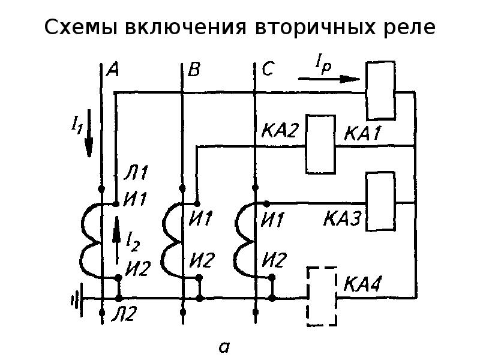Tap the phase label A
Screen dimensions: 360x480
tap(112, 70)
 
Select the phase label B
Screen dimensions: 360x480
tap(194, 71)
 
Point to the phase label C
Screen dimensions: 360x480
tap(268, 70)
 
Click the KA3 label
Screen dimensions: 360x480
tap(343, 220)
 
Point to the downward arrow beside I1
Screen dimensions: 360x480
tap(89, 133)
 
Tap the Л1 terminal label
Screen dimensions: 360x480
tap(133, 176)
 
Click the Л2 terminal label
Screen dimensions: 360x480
tap(133, 314)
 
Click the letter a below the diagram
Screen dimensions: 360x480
tap(224, 346)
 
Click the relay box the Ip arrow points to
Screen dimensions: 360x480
tap(380, 90)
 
